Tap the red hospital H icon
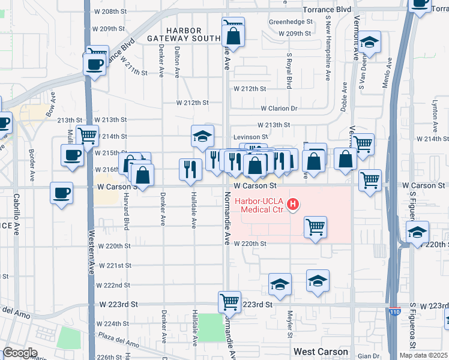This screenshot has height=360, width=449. coord(293,205)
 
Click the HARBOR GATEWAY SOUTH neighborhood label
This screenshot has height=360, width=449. coord(184,34)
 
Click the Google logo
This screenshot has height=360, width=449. coord(19,353)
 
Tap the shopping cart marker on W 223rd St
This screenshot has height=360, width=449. coord(229,302)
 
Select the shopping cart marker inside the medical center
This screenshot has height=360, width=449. coord(316,227)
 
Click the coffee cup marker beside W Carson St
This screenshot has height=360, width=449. coord(62,193)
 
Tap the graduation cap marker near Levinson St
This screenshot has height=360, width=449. coord(203,136)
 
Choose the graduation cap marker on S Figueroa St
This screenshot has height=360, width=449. coord(417,232)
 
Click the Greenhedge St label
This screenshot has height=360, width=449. coord(291,22)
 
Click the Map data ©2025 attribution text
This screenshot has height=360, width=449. coord(423,355)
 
